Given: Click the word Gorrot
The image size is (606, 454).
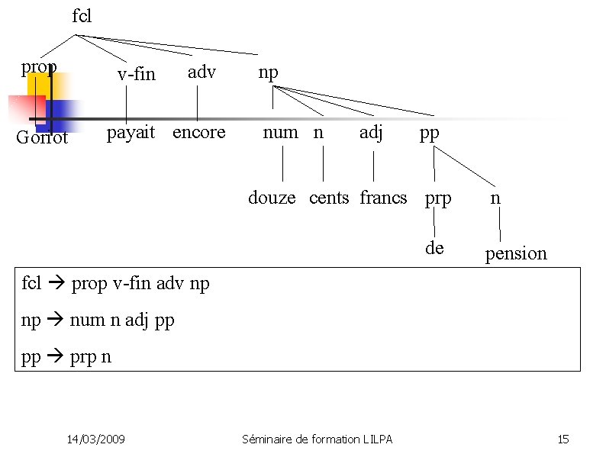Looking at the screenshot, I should tap(42, 138).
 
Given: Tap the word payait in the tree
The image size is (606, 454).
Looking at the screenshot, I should tap(131, 133).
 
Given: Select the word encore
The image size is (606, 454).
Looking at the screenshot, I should tap(198, 133).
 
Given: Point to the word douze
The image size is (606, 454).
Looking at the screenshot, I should tap(272, 198).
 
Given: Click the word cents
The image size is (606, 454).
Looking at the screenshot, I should tap(329, 198).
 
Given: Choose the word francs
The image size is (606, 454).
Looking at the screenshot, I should tap(383, 198).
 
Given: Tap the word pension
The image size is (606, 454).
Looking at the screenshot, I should tap(516, 253).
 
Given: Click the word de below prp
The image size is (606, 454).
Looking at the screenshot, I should tap(434, 248).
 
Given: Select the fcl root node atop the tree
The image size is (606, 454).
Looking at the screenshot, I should tap(82, 16).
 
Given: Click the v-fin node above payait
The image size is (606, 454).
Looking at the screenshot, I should tap(136, 74).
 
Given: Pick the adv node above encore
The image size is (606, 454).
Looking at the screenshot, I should tap(201, 72).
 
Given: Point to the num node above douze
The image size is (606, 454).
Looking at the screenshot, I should tap(280, 132).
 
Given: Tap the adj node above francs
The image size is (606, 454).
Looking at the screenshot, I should tap(371, 132).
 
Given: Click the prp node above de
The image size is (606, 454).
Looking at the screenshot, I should tap(438, 198).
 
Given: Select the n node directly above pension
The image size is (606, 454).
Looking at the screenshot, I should tap(495, 198).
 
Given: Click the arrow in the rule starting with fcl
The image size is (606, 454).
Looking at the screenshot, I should tap(56, 285).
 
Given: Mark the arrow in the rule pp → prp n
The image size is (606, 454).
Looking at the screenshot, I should tap(56, 356).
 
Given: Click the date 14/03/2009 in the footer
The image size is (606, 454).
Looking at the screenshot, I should tap(96, 439).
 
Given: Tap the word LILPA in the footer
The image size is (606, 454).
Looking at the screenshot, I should tap(376, 439).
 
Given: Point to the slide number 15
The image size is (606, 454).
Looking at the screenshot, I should tap(563, 439).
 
